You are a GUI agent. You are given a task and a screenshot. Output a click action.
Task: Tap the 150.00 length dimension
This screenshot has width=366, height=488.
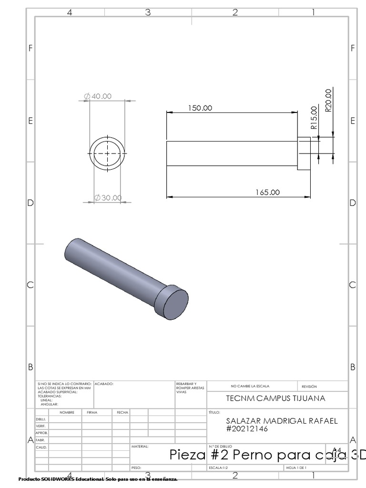[x=200, y=108]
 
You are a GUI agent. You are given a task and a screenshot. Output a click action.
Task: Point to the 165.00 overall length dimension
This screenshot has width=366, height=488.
[x=268, y=193]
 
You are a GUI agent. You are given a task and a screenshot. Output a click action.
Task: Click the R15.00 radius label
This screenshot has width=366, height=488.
[x=314, y=118]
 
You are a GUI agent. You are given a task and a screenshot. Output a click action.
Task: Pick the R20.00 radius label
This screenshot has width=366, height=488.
[x=328, y=100]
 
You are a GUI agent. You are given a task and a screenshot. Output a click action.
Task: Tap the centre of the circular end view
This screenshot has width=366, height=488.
[x=107, y=153]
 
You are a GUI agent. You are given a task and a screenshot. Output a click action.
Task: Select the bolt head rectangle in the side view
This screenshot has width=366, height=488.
[x=304, y=153]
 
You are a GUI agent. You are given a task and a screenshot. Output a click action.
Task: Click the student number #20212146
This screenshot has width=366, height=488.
[x=247, y=428]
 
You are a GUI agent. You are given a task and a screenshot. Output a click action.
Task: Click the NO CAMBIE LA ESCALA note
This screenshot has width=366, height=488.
[x=251, y=386]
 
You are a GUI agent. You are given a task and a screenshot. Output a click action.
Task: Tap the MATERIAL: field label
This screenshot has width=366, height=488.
[x=140, y=447]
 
